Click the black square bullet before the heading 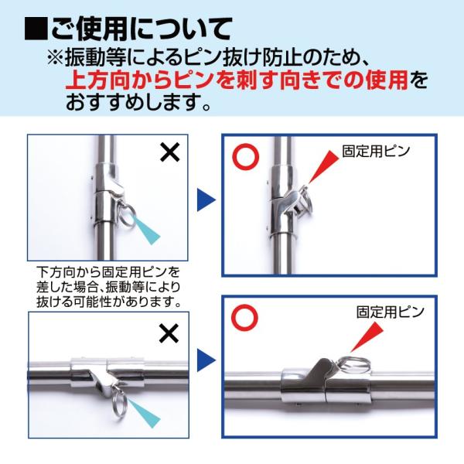click(x=36, y=29)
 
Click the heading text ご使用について click(x=141, y=29)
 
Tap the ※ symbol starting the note click(x=56, y=56)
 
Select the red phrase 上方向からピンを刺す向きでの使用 click(x=237, y=80)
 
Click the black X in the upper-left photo click(x=170, y=152)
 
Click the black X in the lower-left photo click(x=169, y=333)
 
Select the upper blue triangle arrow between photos click(x=206, y=200)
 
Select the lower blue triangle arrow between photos click(x=206, y=360)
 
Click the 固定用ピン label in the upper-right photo click(x=376, y=151)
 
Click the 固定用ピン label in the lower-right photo click(x=390, y=312)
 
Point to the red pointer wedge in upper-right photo click(x=322, y=168)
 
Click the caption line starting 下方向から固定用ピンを click(x=108, y=271)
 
